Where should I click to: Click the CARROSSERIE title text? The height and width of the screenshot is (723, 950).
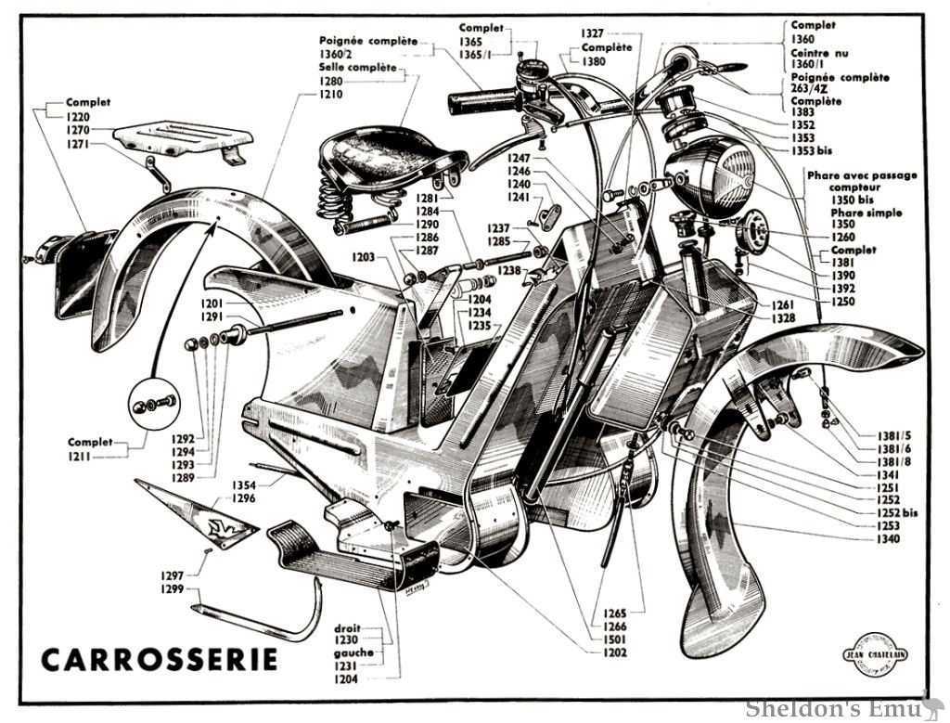coord(160,660)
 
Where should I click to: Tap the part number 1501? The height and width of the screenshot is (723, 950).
coord(614,639)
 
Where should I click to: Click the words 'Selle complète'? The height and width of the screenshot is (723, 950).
coord(358,69)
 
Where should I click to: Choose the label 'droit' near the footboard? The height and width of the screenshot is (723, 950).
coord(347,626)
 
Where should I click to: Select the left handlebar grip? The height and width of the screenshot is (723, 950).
coord(481,100)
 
